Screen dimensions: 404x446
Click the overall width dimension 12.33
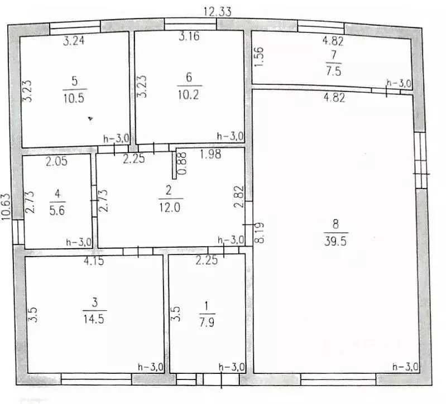pyautogui.click(x=217, y=11)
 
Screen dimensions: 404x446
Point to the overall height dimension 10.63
pyautogui.click(x=6, y=207)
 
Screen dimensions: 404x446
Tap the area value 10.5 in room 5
pyautogui.click(x=74, y=95)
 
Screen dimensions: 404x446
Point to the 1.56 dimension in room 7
pyautogui.click(x=258, y=56)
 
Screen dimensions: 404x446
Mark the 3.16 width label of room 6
pyautogui.click(x=189, y=37)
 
